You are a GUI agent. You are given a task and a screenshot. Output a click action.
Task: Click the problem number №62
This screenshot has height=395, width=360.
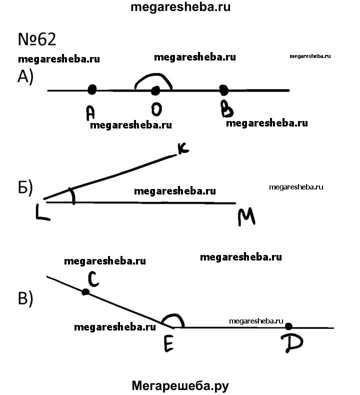pyautogui.click(x=36, y=39)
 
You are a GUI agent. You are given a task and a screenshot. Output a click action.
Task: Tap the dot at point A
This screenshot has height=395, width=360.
pyautogui.click(x=91, y=89)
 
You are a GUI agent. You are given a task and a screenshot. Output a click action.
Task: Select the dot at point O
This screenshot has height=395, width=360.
pyautogui.click(x=155, y=90)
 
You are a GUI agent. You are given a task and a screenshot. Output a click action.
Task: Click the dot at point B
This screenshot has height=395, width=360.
pyautogui.click(x=224, y=90)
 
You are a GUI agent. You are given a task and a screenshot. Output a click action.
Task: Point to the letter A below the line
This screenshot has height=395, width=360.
pyautogui.click(x=90, y=113)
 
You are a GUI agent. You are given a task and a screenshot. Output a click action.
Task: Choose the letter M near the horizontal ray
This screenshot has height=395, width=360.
pyautogui.click(x=246, y=216)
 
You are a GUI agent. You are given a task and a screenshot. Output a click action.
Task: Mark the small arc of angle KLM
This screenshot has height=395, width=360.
pyautogui.click(x=73, y=196)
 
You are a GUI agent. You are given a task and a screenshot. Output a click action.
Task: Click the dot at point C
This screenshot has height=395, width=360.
pyautogui.click(x=85, y=291)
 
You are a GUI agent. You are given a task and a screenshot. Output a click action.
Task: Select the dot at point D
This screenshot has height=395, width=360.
pyautogui.click(x=288, y=326)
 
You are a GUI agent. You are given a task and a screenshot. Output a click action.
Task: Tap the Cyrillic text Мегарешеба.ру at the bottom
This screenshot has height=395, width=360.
pyautogui.click(x=180, y=385)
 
